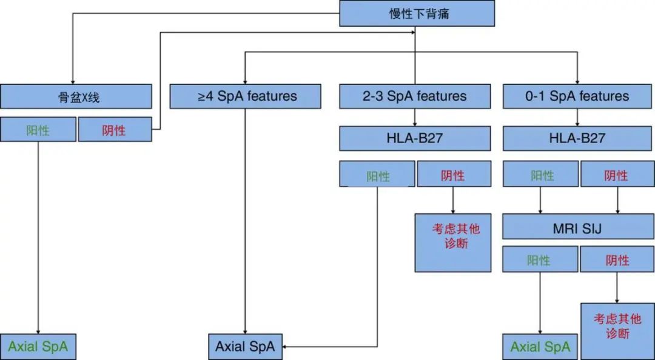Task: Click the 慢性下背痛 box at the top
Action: coord(417,13)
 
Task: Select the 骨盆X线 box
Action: coord(76,96)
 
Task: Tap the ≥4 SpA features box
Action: coord(245,96)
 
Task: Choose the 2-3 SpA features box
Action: coord(415,96)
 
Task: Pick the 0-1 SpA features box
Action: coord(577,96)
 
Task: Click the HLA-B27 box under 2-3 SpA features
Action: coord(415,138)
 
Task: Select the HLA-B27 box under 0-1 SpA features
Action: coord(577,138)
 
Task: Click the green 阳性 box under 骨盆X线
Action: coord(38,130)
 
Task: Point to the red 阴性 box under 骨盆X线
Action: coord(115,130)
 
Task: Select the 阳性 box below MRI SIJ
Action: coord(540,260)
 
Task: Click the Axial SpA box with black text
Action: coord(245,347)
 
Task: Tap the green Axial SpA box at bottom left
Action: coord(38,347)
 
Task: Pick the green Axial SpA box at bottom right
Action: coord(540,347)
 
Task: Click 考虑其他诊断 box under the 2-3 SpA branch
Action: coord(453,242)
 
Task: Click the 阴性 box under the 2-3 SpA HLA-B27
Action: coord(453,176)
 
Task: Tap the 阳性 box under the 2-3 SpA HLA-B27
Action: coord(377,176)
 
